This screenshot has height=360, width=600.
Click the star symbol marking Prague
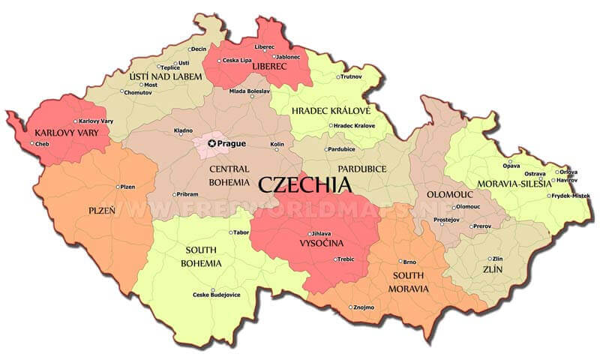(x=212, y=143)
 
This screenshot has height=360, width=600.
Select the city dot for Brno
(x=400, y=262)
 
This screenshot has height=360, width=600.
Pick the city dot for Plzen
(x=118, y=187)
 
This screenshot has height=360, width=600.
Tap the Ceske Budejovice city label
(x=217, y=295)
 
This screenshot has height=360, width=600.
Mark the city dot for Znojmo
(x=351, y=307)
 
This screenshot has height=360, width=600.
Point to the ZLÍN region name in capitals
(x=491, y=268)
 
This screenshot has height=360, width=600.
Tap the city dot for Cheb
(x=32, y=143)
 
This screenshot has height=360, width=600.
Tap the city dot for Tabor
(x=231, y=232)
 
